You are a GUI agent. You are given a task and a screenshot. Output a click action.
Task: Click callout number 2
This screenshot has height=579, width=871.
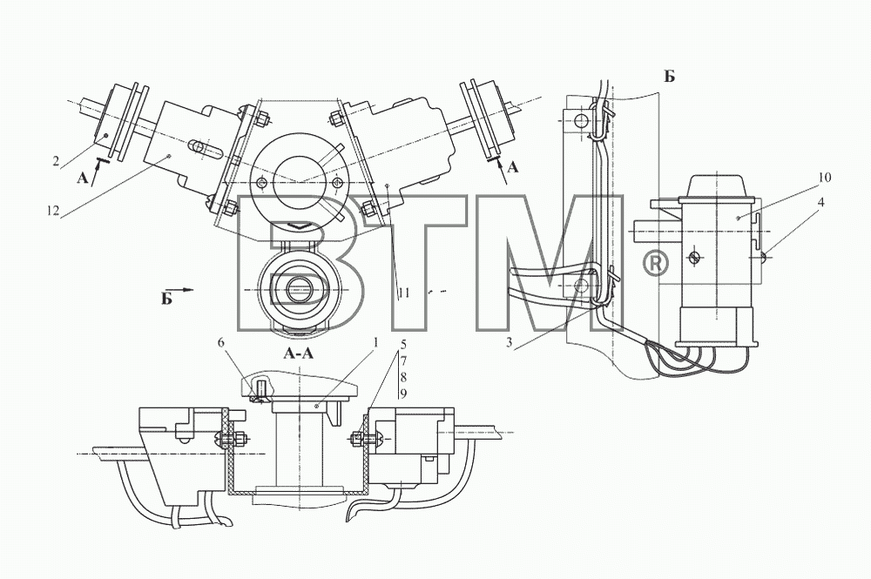[56, 162]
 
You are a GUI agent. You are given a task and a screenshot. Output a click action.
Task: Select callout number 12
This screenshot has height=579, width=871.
[53, 211]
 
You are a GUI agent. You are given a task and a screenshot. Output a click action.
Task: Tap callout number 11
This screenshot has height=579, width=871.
[404, 293]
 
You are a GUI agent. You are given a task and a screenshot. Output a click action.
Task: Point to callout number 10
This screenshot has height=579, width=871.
[824, 178]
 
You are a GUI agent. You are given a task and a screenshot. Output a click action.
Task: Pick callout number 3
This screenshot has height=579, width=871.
[509, 342]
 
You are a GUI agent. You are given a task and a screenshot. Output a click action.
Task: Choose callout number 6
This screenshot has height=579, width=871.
[221, 344]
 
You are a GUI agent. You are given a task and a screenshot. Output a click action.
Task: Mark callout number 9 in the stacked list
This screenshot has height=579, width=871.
[404, 393]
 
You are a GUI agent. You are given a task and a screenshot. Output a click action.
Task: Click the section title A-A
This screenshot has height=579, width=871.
[299, 353]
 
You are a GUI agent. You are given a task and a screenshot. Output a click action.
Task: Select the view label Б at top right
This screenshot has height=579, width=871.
[669, 76]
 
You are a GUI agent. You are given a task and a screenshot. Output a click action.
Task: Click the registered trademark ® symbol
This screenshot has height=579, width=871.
[655, 263]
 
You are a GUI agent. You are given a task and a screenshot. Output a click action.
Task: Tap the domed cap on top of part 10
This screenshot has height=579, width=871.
[717, 185]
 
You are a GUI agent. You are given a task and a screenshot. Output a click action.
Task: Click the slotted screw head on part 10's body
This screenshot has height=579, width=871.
[693, 257]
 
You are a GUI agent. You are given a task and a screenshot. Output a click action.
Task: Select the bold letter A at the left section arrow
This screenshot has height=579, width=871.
[82, 177]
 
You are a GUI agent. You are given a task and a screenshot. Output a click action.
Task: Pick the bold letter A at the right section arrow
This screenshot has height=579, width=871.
[513, 166]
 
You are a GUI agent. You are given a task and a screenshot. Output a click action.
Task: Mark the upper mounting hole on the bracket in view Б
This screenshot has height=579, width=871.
[579, 120]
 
